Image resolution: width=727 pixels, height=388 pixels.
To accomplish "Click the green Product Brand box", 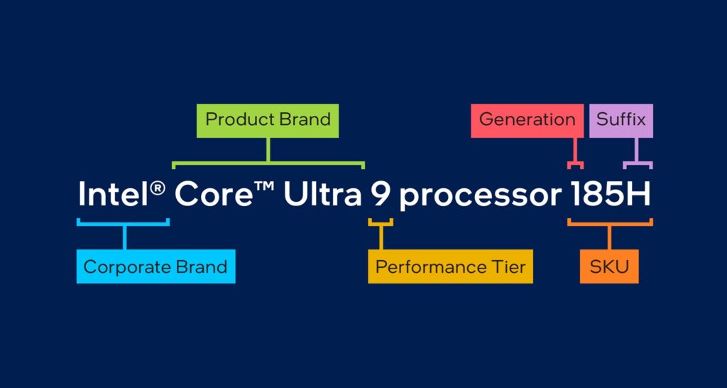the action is click(268, 121).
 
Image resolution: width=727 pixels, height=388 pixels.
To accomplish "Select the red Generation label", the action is click(528, 121).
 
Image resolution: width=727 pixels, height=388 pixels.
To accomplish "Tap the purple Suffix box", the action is click(621, 121).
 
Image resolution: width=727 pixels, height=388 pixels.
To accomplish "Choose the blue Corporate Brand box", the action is click(155, 266).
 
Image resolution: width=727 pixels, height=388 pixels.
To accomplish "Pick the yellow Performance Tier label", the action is click(450, 266).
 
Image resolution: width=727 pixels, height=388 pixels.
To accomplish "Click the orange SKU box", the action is click(609, 266).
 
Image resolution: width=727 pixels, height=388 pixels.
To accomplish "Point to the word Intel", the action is click(113, 193).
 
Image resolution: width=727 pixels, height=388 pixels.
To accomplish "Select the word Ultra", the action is click(323, 193).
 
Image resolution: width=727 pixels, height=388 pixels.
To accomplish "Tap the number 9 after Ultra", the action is click(381, 193).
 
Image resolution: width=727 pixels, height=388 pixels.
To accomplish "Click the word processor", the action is click(480, 196).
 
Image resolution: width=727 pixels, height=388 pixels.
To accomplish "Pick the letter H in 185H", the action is click(640, 193).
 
